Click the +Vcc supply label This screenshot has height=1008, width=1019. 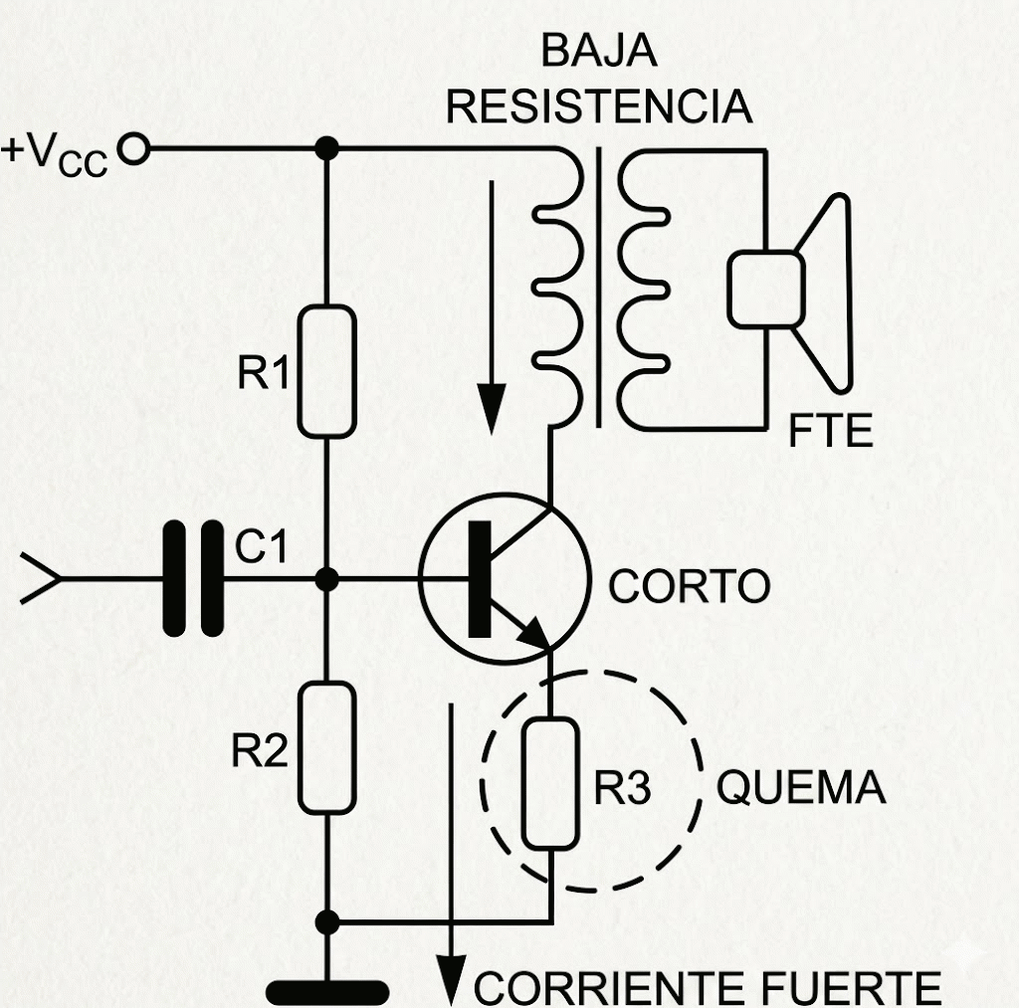click(x=55, y=156)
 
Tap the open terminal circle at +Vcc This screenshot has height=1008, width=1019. click(x=133, y=150)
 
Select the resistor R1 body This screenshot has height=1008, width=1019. click(x=326, y=371)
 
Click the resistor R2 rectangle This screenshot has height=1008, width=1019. click(x=325, y=747)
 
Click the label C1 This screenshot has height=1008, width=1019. click(x=261, y=546)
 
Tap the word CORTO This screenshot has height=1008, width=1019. click(x=689, y=587)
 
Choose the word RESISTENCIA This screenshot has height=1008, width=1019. click(x=599, y=106)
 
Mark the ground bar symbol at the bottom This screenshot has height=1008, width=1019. click(x=327, y=991)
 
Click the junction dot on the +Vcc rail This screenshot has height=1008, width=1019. click(x=326, y=150)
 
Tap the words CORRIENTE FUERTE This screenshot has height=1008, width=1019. click(x=708, y=988)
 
